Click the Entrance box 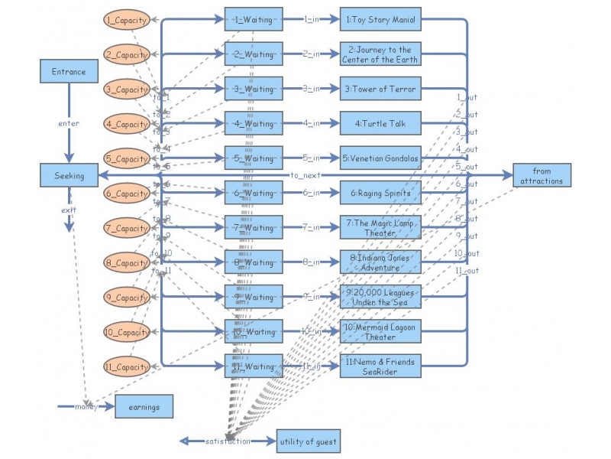(x=69, y=72)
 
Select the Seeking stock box (x=69, y=175)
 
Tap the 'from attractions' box (x=541, y=175)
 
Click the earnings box (x=144, y=407)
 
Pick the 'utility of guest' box (x=307, y=441)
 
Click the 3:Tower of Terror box (x=380, y=89)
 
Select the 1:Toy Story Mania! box (x=380, y=19)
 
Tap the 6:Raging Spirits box (x=380, y=193)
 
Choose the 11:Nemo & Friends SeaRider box (x=380, y=366)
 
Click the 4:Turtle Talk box (x=380, y=123)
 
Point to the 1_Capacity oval (x=126, y=20)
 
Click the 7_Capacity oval (x=126, y=228)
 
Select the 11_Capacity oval (x=126, y=367)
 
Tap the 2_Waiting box (x=254, y=54)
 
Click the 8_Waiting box (x=254, y=262)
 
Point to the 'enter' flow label (x=69, y=123)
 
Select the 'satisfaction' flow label (x=227, y=441)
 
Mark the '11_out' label (x=467, y=271)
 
